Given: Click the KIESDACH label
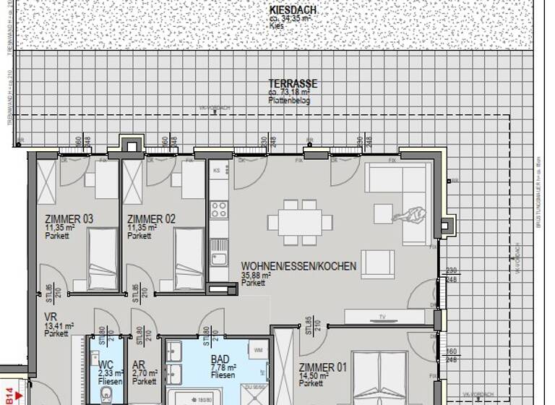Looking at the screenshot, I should pos(292,10).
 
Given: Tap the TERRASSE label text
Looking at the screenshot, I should pos(293,84).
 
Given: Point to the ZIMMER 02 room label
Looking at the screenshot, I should pos(151,219).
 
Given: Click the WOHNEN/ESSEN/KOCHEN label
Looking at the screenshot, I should pos(298,266).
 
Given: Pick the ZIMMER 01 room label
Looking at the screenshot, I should pos(322,367).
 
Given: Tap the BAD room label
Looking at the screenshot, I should pos(220,359).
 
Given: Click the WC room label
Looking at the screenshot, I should pos(106,365).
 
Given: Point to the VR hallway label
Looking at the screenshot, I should pos(51,317).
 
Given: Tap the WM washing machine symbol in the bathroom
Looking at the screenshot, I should pos(258,350).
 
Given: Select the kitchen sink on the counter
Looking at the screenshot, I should pos(218,257).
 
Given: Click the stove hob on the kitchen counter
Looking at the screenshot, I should pos(218,210).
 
